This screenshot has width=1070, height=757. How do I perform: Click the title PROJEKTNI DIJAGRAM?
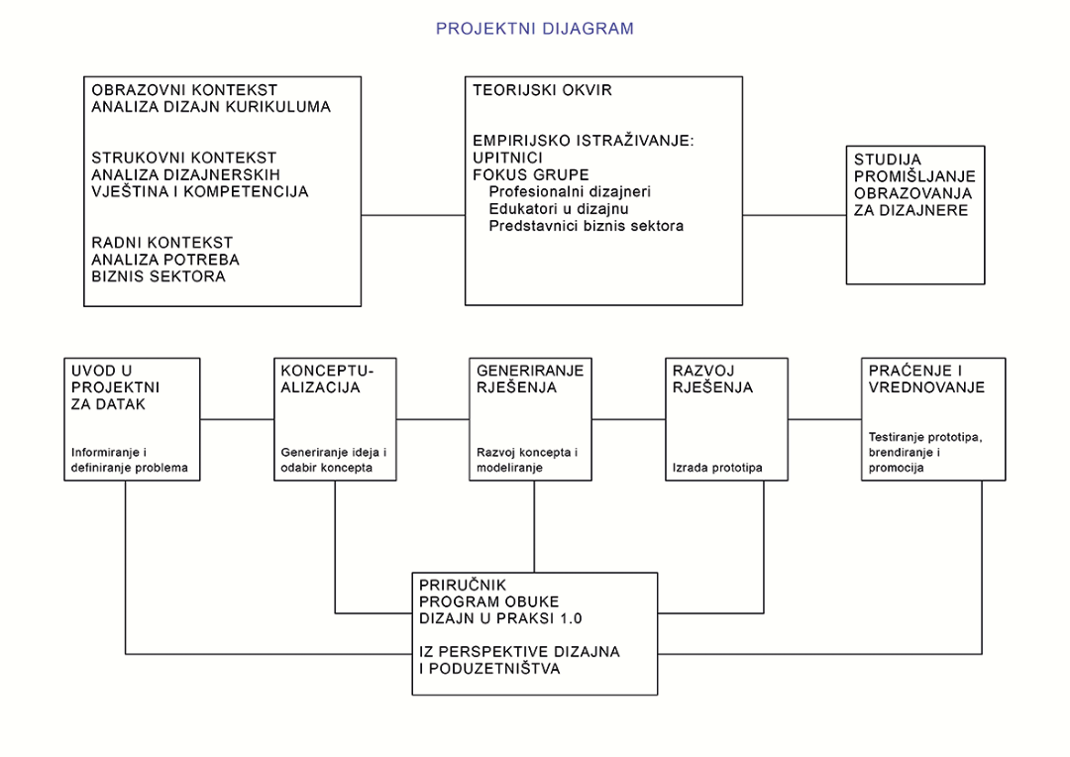click(534, 29)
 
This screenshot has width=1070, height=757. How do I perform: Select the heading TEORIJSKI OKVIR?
click(543, 90)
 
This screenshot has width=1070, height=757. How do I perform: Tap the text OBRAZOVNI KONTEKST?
click(184, 90)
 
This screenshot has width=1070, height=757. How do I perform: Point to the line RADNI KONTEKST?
click(161, 243)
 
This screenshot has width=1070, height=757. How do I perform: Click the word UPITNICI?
click(507, 158)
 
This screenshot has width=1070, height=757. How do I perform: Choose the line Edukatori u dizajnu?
click(559, 209)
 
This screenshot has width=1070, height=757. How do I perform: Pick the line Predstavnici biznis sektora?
click(587, 226)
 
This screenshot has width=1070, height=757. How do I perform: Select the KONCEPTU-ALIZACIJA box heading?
click(328, 378)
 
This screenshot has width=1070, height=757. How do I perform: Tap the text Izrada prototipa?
click(717, 469)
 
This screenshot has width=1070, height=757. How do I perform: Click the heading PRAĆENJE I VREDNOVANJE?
click(926, 378)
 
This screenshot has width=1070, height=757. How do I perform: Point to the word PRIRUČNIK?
click(463, 585)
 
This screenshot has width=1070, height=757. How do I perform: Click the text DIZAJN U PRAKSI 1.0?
click(500, 618)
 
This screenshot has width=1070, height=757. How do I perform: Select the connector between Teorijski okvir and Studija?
click(795, 215)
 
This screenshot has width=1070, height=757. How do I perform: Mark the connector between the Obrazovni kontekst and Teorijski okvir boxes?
click(413, 215)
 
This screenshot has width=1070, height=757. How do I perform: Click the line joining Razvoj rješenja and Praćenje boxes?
click(824, 419)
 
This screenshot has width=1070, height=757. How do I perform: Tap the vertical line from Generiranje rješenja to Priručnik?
click(534, 526)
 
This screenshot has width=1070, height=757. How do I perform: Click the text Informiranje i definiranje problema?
click(130, 460)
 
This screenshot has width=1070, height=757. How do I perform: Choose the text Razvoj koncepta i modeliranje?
click(527, 460)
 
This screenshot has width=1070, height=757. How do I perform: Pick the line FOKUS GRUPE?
click(531, 174)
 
